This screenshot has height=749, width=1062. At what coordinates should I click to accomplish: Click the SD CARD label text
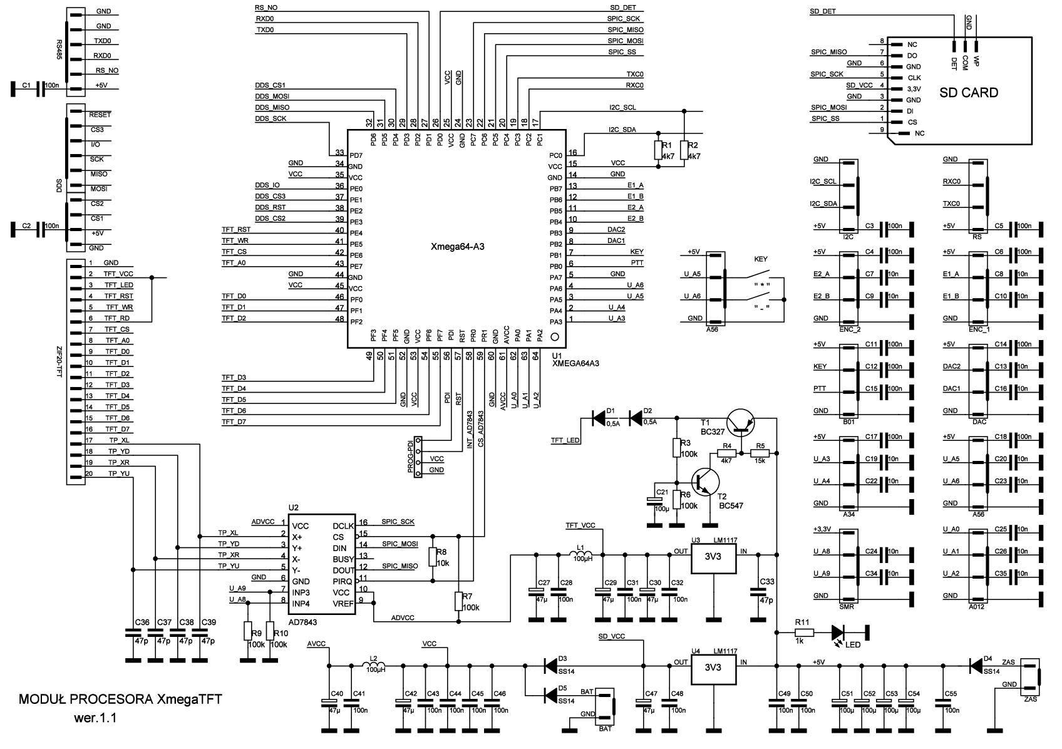pyautogui.click(x=968, y=93)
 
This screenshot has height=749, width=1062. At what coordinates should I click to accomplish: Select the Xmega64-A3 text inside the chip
pyautogui.click(x=458, y=247)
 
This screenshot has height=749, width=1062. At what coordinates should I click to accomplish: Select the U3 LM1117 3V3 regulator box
pyautogui.click(x=713, y=557)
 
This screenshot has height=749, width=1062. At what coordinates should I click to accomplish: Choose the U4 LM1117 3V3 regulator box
pyautogui.click(x=713, y=668)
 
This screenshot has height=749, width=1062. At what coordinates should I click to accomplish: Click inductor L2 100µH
pyautogui.click(x=374, y=665)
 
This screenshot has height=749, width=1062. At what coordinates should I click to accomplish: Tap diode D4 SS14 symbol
pyautogui.click(x=976, y=666)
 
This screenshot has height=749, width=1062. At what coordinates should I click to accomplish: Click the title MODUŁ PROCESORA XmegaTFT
pyautogui.click(x=120, y=700)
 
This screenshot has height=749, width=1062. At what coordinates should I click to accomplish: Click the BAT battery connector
pyautogui.click(x=605, y=706)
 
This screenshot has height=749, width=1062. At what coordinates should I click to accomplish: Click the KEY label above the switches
pyautogui.click(x=760, y=259)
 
